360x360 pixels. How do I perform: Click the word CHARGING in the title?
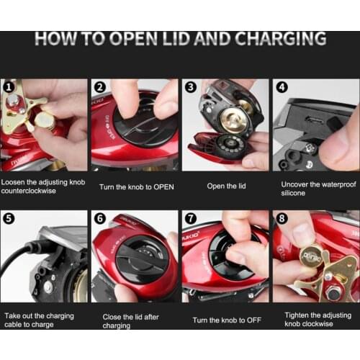coord(280,39)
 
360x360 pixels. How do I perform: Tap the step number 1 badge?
coord(9,87)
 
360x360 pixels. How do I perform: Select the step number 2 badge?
coord(100,87)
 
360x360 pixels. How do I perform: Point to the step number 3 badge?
coord(191,87)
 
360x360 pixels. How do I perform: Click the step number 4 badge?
coord(282,87)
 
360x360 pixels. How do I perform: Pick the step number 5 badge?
coord(9,218)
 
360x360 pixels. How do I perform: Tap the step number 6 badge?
coord(100,218)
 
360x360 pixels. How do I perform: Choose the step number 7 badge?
coord(191,218)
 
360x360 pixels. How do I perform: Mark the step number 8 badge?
coord(282,218)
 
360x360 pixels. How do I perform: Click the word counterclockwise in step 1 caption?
coord(29,191)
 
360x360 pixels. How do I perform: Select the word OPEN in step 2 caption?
coord(163,187)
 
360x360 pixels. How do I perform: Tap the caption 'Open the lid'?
coord(226,186)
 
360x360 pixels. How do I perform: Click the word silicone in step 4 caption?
coord(293,193)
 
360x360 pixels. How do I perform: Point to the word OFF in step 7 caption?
coord(254,320)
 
